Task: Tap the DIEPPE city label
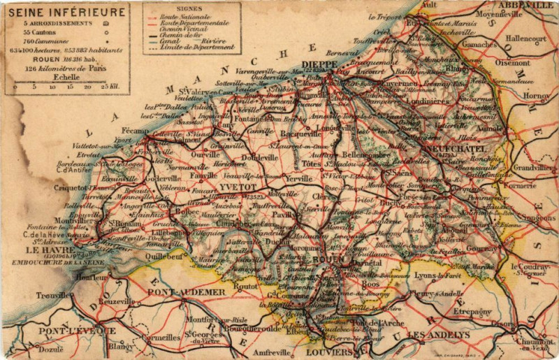coord(320,64)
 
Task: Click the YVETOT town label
coord(234,188)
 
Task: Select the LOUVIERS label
coord(331,352)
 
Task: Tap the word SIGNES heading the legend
coord(191,8)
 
